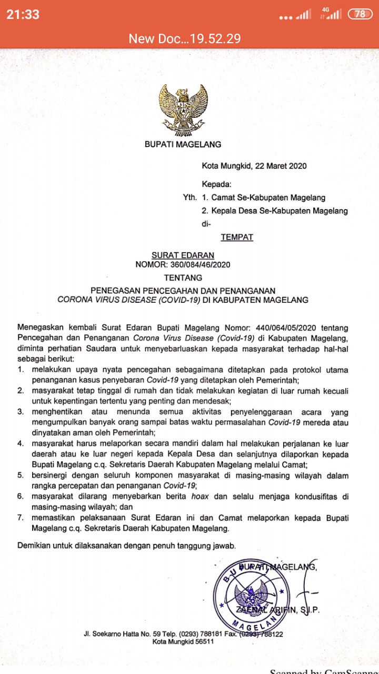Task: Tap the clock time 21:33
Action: pos(23,15)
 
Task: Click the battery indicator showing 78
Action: pos(360,14)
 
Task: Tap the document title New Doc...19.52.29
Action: pos(185,38)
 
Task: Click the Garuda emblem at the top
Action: pos(183,108)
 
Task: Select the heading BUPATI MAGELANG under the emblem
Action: pos(183,144)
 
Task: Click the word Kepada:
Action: pos(216,184)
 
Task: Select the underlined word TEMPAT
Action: pos(237,237)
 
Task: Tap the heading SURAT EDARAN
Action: pos(183,256)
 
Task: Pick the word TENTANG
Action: pos(183,277)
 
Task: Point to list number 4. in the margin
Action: pos(21,443)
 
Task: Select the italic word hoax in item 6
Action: pos(200,496)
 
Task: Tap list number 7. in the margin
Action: pos(21,518)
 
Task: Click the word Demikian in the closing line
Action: pos(34,546)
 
